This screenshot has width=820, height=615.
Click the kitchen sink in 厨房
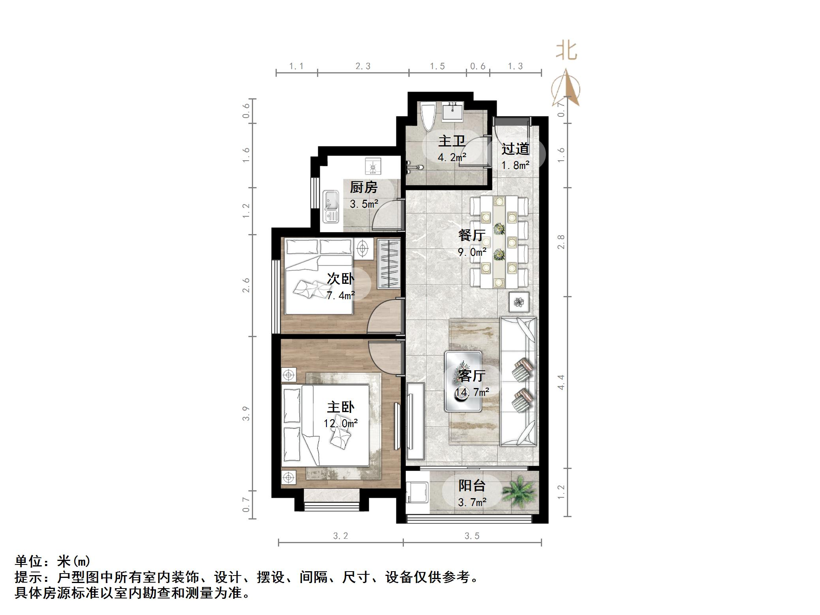pos(331,206)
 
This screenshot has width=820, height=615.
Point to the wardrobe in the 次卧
pos(388,264)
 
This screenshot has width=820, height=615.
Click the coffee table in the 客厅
pos(463,381)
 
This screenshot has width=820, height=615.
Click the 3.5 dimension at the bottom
pos(472,536)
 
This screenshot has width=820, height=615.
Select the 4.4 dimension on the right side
pos(561,382)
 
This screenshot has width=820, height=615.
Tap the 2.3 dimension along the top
pos(363,66)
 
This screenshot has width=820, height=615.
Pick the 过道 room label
pos(515,149)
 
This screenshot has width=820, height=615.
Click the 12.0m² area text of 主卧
pos(340,424)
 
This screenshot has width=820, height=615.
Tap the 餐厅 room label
pos(472,235)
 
